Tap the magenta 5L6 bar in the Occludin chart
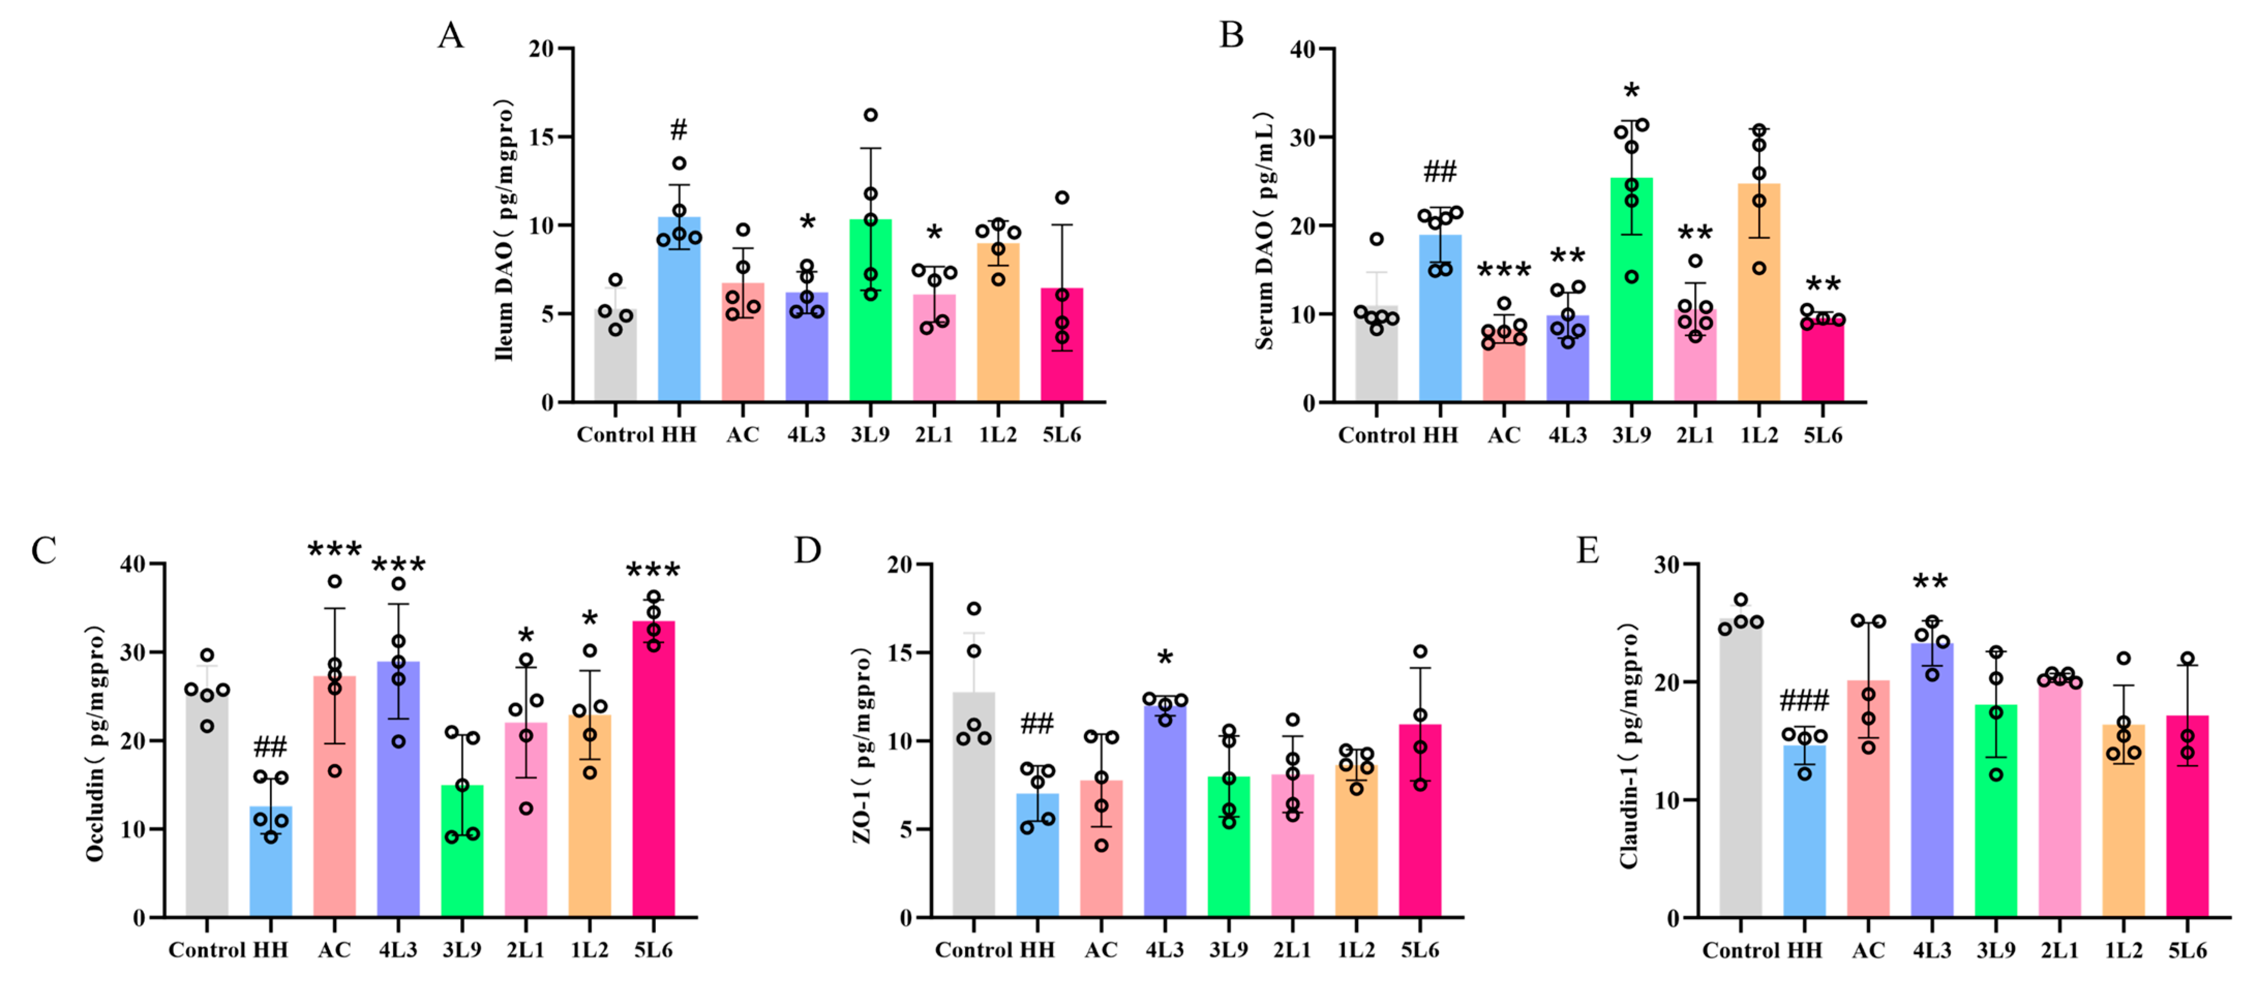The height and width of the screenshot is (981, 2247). pos(653,768)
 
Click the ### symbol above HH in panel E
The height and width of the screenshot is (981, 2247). pos(1804,700)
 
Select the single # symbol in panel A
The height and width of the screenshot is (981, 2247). pos(678,131)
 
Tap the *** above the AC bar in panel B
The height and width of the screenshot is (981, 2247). pos(1504,270)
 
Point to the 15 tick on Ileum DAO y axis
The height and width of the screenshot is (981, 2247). pos(541,137)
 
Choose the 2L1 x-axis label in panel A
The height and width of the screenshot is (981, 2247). pos(933,434)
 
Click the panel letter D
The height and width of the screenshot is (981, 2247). pos(808,551)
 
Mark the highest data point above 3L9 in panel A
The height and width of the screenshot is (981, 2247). pos(870,115)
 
